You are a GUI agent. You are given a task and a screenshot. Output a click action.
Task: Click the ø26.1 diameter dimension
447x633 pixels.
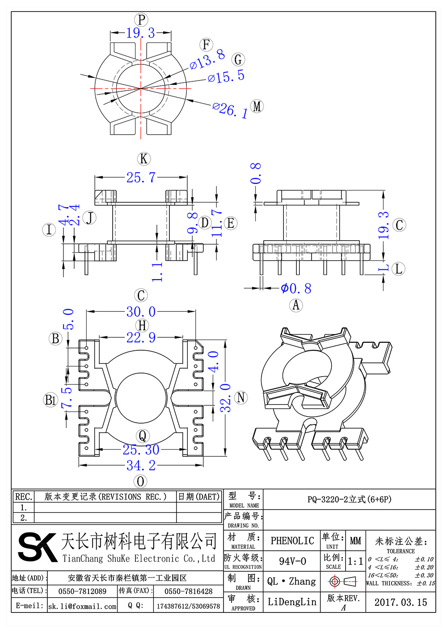coord(230,110)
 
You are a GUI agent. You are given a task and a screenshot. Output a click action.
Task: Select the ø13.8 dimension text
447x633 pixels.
coord(207,60)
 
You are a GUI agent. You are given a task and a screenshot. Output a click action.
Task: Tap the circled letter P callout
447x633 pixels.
coord(141,20)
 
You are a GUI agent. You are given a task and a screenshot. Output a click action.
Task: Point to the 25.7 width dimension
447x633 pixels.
coord(141,178)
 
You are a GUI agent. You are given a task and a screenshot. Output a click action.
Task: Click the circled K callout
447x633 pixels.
coord(144,158)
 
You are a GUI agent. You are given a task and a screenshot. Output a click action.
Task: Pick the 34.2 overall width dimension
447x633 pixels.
coord(141,465)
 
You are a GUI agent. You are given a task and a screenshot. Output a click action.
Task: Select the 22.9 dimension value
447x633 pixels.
coord(141,337)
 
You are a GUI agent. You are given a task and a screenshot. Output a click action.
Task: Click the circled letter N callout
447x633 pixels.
coord(241,398)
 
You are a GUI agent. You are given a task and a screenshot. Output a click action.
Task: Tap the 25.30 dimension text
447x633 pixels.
coord(141,450)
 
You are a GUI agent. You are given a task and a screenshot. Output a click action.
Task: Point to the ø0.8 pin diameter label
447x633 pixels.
coord(296,289)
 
